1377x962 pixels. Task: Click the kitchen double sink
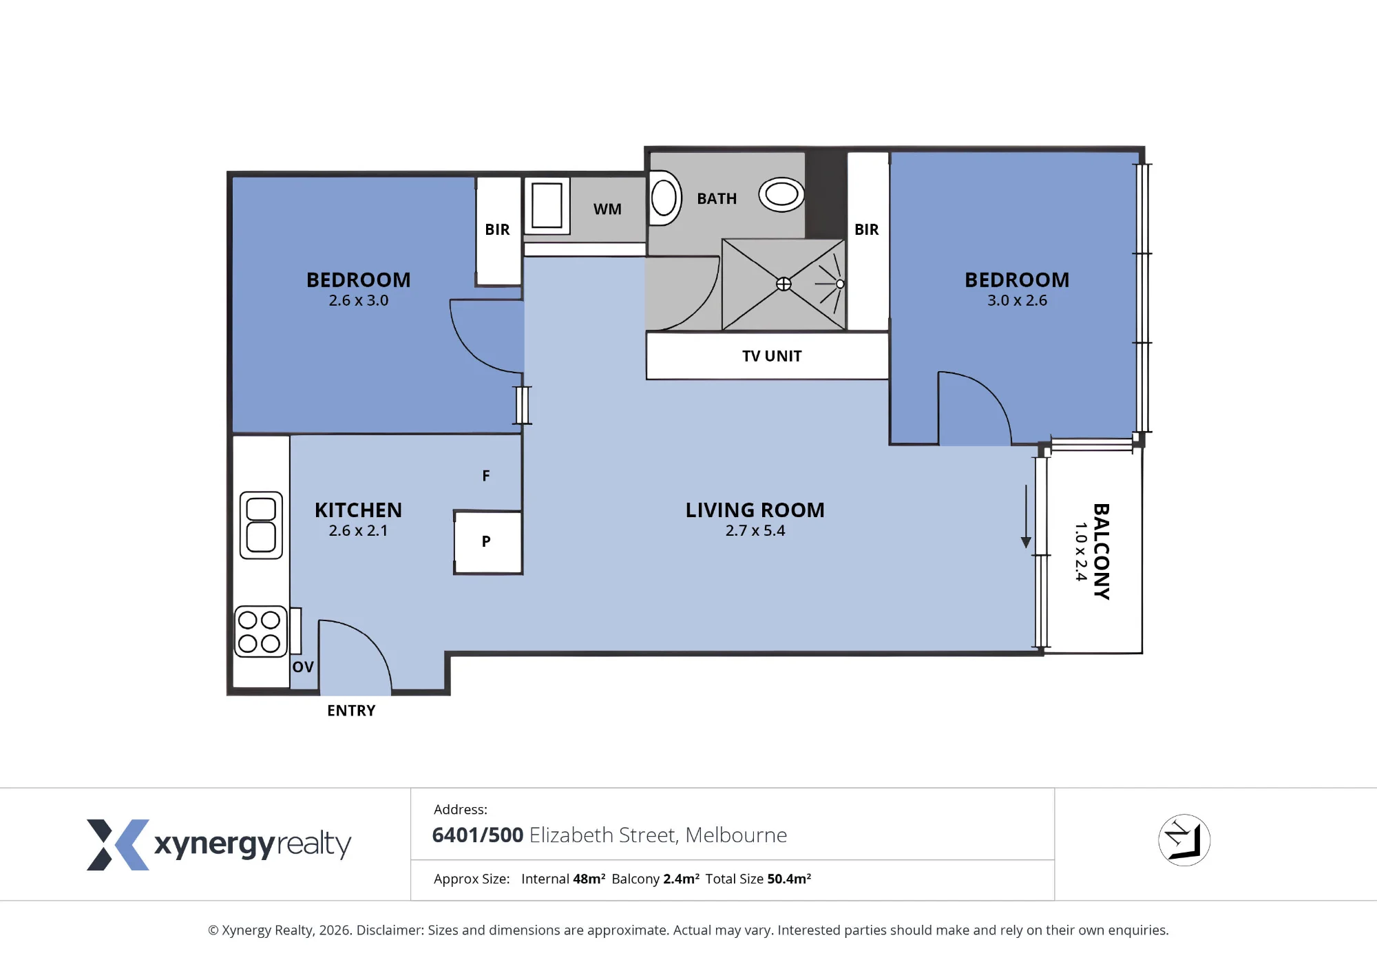pyautogui.click(x=261, y=525)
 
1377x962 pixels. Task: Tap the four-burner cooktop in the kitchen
pyautogui.click(x=260, y=631)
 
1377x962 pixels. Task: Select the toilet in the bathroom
pyautogui.click(x=665, y=198)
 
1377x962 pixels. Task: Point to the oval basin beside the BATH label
pyautogui.click(x=781, y=194)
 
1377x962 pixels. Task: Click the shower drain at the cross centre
pyautogui.click(x=784, y=284)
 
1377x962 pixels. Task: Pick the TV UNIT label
pyautogui.click(x=772, y=356)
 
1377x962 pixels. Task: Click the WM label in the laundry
pyautogui.click(x=607, y=209)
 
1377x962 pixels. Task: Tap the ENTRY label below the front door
pyautogui.click(x=351, y=711)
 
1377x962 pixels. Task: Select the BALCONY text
pyautogui.click(x=1101, y=552)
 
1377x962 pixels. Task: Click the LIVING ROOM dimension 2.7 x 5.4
pyautogui.click(x=755, y=530)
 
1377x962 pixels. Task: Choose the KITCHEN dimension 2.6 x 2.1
pyautogui.click(x=358, y=530)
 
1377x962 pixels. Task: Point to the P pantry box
pyautogui.click(x=487, y=542)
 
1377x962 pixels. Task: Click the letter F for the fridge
pyautogui.click(x=486, y=476)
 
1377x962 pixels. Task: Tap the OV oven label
pyautogui.click(x=303, y=667)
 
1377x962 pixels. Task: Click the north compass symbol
pyautogui.click(x=1184, y=840)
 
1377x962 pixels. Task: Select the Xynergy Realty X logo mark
pyautogui.click(x=118, y=845)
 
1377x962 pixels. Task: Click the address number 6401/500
pyautogui.click(x=478, y=835)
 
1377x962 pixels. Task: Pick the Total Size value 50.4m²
pyautogui.click(x=789, y=879)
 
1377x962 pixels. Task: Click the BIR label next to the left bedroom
pyautogui.click(x=497, y=229)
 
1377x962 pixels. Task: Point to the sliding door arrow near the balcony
pyautogui.click(x=1026, y=516)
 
